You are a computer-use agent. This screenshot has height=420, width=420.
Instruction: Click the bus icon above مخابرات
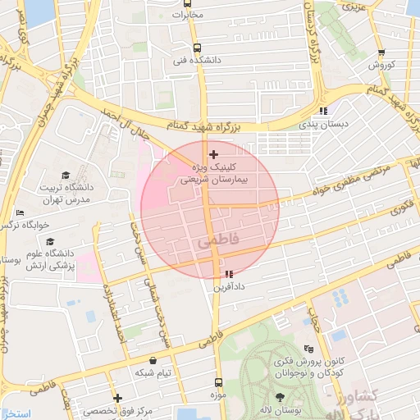click(188, 4)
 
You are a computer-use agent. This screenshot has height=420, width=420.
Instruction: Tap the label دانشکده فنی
click(191, 60)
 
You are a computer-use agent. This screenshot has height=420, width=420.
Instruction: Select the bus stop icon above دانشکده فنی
click(196, 48)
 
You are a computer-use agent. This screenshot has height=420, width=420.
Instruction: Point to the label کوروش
click(381, 64)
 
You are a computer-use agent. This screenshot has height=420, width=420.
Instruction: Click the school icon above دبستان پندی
click(323, 111)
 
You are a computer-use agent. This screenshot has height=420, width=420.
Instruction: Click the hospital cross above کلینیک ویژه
click(214, 154)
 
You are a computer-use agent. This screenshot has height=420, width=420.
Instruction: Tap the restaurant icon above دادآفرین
click(227, 275)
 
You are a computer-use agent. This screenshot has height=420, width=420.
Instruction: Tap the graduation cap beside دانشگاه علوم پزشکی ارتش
click(51, 242)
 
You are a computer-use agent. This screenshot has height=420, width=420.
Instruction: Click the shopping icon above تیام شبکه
click(153, 360)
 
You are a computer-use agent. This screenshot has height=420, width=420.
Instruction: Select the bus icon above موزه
click(218, 382)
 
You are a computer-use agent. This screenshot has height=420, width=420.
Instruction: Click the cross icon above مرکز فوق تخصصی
click(118, 398)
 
